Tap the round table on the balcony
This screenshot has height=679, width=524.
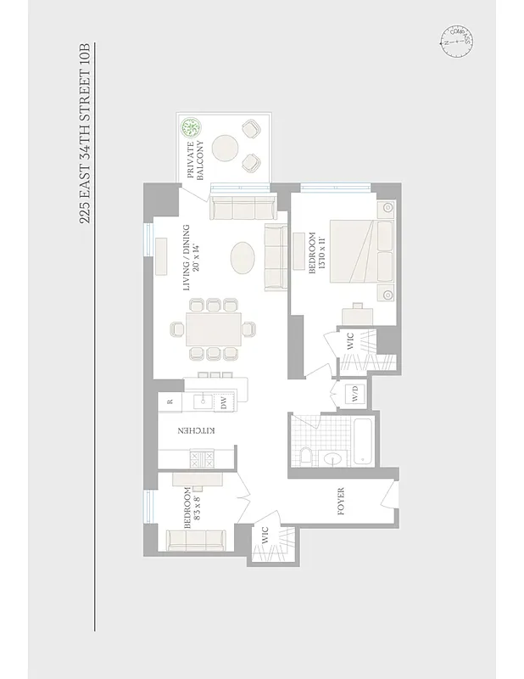226,149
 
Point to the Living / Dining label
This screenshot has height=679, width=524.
190,259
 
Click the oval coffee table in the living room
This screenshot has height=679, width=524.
242,257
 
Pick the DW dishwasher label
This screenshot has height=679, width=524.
224,403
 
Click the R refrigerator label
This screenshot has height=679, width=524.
170,401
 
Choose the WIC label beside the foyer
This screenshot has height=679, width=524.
265,536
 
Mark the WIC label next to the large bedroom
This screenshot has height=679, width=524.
348,343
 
